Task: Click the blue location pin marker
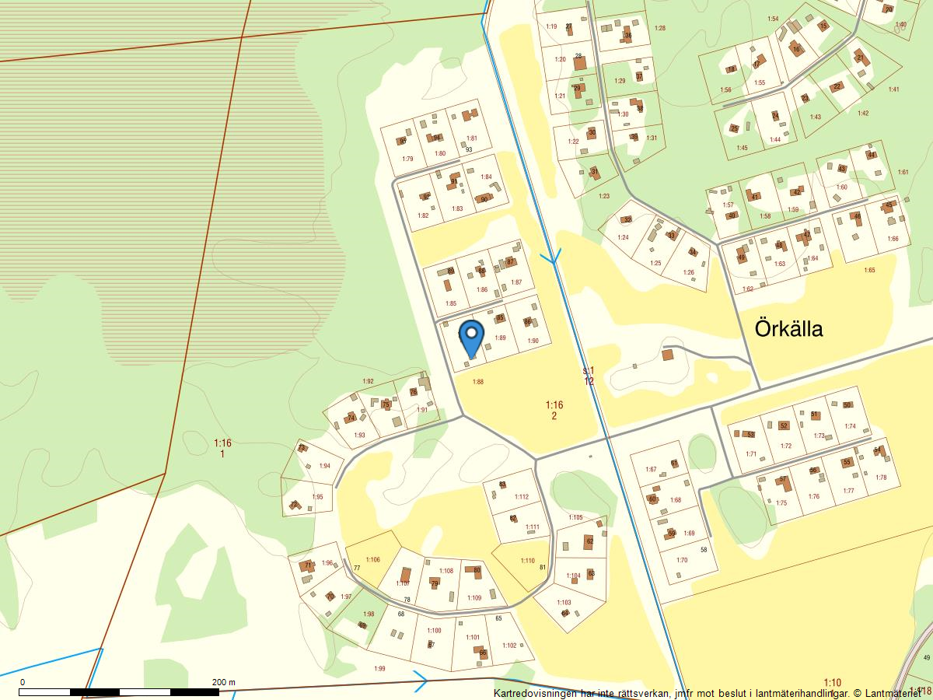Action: (x=471, y=338)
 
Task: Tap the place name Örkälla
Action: (x=788, y=329)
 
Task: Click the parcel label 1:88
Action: (x=478, y=382)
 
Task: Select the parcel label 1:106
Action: (x=372, y=560)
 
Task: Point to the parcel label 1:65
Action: (x=869, y=270)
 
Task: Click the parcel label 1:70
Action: (x=682, y=560)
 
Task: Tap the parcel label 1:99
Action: (x=379, y=669)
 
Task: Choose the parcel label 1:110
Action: (x=528, y=561)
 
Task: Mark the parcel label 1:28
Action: (x=660, y=28)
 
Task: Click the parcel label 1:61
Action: (x=903, y=172)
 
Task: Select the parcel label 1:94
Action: (x=325, y=466)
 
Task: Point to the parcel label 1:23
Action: (x=604, y=196)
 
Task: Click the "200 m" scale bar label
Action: (x=224, y=682)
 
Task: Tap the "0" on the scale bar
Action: (x=23, y=682)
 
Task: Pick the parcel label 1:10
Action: (x=832, y=682)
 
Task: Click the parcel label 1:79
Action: (x=407, y=159)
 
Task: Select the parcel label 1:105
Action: (x=575, y=517)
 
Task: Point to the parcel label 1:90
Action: (x=533, y=341)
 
